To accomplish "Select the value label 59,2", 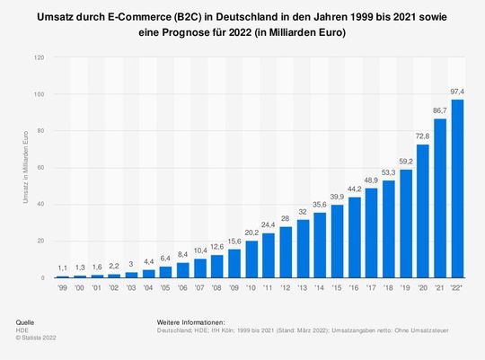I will tap(404, 160).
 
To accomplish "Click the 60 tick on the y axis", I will tap(38, 168).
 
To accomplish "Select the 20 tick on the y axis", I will tap(38, 241).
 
